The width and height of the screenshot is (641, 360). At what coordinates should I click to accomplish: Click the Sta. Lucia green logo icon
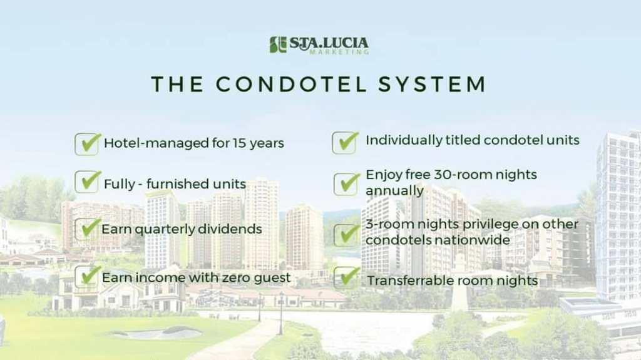click(x=278, y=44)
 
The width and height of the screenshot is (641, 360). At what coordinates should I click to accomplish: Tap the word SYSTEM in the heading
click(x=432, y=85)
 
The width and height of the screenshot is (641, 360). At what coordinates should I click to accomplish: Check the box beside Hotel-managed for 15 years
click(x=87, y=144)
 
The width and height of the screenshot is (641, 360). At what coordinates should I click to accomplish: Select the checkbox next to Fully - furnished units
click(x=87, y=182)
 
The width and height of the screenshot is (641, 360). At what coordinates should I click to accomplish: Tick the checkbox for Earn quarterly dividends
click(x=87, y=229)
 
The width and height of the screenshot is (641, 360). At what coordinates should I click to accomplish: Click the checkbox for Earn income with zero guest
click(x=87, y=276)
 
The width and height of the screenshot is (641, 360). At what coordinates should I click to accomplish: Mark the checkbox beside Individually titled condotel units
click(x=345, y=142)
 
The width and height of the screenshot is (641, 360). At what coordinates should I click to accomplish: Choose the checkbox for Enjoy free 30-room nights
click(x=346, y=183)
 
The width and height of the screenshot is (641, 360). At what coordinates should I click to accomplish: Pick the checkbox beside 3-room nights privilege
click(x=346, y=235)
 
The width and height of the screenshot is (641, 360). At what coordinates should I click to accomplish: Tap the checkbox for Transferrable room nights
click(x=346, y=277)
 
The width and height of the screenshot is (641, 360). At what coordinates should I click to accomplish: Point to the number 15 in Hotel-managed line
click(x=239, y=143)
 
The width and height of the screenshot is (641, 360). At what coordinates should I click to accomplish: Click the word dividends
click(x=230, y=229)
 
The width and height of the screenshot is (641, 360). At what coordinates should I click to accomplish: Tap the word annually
click(x=394, y=191)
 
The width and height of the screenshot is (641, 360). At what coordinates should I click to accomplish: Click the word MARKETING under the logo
click(x=339, y=52)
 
